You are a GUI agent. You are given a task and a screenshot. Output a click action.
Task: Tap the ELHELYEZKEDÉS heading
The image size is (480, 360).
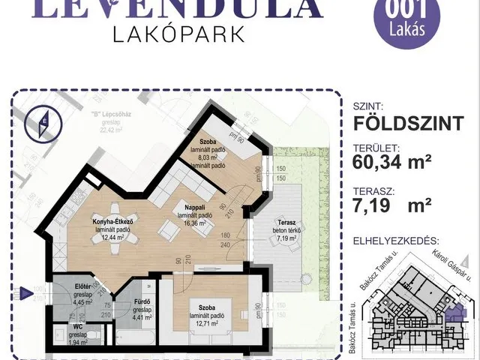point(394,242)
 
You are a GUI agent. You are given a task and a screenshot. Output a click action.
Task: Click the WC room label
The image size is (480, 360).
point(78,327)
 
